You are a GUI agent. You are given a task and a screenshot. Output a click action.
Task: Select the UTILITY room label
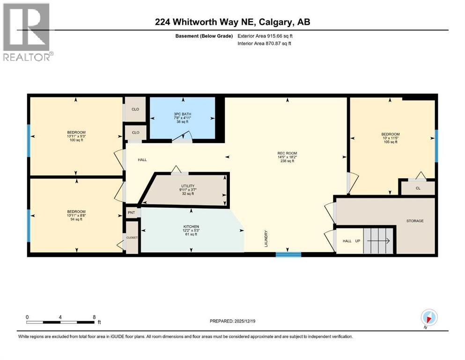[x=188, y=189]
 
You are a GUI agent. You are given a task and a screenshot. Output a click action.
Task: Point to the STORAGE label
[x=415, y=221]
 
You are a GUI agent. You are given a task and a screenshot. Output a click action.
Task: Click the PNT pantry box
[x=131, y=213]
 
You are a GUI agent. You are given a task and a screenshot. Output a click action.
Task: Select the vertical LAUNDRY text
[x=266, y=238]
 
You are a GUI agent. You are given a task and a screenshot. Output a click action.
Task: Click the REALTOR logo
[x=27, y=32]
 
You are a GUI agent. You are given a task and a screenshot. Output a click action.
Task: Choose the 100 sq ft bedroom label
[x=75, y=136]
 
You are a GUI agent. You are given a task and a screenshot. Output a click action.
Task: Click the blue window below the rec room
[x=288, y=255]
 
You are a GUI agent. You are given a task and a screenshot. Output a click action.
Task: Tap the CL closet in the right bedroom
[x=417, y=188]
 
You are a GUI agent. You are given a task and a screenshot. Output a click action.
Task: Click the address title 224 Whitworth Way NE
[x=232, y=22]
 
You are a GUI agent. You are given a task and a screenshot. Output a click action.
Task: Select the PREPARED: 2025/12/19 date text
[x=232, y=322]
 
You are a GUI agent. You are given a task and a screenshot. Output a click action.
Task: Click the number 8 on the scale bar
[x=94, y=317]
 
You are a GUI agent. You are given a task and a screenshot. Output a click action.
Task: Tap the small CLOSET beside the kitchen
[x=132, y=238]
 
